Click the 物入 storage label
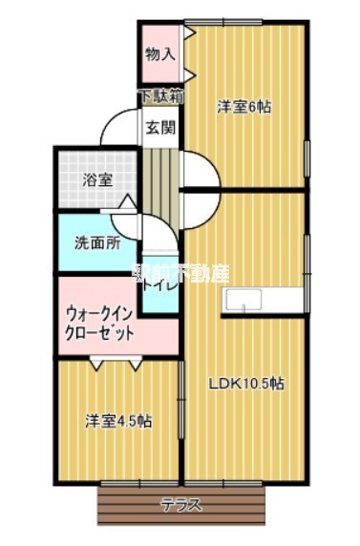(x=159, y=53)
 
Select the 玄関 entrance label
(x=159, y=128)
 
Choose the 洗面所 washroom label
(x=97, y=242)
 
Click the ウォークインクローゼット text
(x=99, y=324)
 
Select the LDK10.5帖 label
(x=247, y=384)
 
